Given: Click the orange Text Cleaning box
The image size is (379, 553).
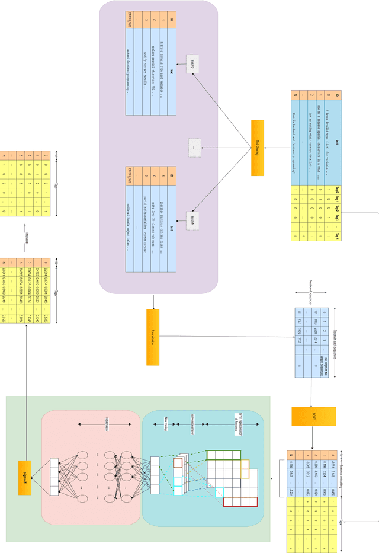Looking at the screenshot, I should pos(256,148).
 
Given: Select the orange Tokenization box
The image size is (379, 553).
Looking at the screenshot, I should pos(153,336).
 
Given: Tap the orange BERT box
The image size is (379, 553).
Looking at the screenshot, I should pos(313,416).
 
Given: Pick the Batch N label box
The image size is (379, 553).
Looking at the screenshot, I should pos(193,219).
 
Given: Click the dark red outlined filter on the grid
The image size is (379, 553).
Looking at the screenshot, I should pos(240,501).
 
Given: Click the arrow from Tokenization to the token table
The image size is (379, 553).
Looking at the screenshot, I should pos(225,337).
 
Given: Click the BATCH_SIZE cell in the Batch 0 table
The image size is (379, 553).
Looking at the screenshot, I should pos(130,23).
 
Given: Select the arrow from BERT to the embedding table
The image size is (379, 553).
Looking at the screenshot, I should pos(313,436).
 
